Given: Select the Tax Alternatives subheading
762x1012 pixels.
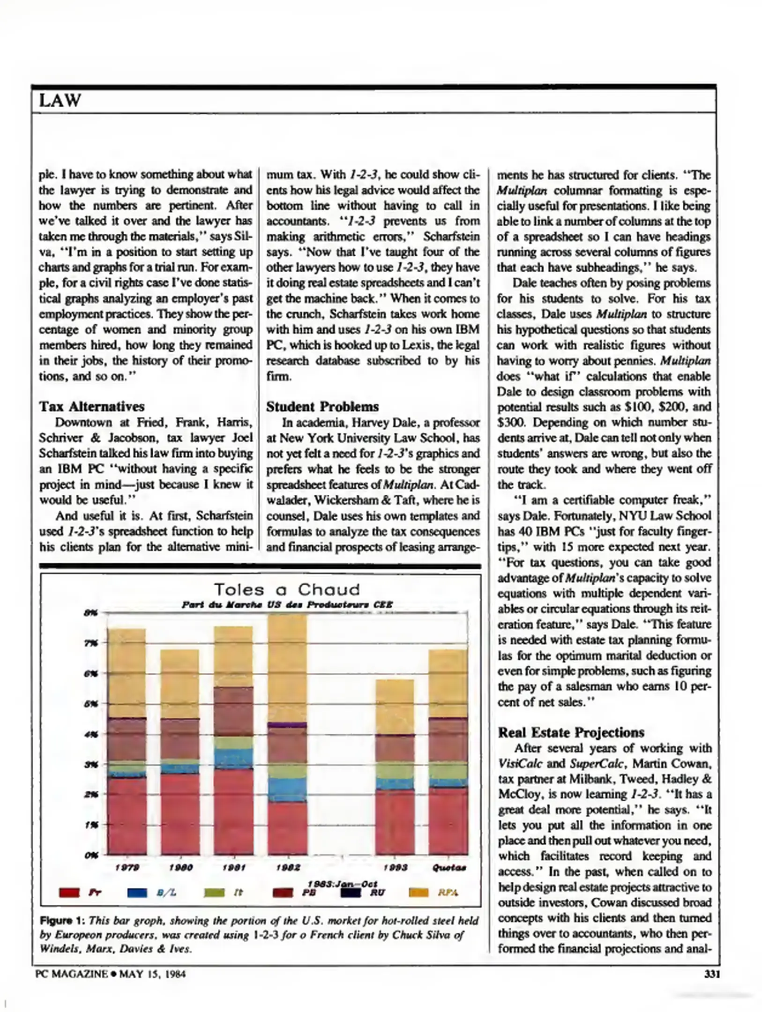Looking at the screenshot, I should (x=91, y=406).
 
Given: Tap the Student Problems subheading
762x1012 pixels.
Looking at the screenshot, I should (x=322, y=406).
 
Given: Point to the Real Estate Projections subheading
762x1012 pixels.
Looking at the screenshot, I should (x=571, y=732).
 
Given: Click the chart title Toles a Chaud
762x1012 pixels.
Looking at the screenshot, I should (x=287, y=589).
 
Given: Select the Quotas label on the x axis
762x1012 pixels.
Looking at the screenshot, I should (x=448, y=868).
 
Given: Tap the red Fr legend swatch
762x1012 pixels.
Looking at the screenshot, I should (x=69, y=893).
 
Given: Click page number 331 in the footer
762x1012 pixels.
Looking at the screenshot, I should (x=711, y=974).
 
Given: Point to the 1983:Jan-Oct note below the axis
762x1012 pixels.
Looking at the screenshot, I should (x=343, y=884).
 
